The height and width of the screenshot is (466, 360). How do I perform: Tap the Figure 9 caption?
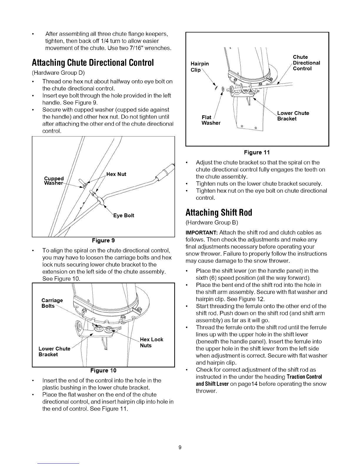(x=103, y=240)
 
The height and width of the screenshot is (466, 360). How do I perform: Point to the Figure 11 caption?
(x=257, y=152)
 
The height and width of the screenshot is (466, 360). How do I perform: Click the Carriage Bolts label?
(x=52, y=303)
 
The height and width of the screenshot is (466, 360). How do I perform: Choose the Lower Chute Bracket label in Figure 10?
(x=54, y=352)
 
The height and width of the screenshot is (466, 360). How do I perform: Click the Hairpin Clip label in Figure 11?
(x=200, y=67)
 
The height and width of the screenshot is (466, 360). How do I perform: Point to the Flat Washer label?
(x=211, y=120)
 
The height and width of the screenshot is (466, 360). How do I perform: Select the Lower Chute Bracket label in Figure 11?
(x=293, y=116)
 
